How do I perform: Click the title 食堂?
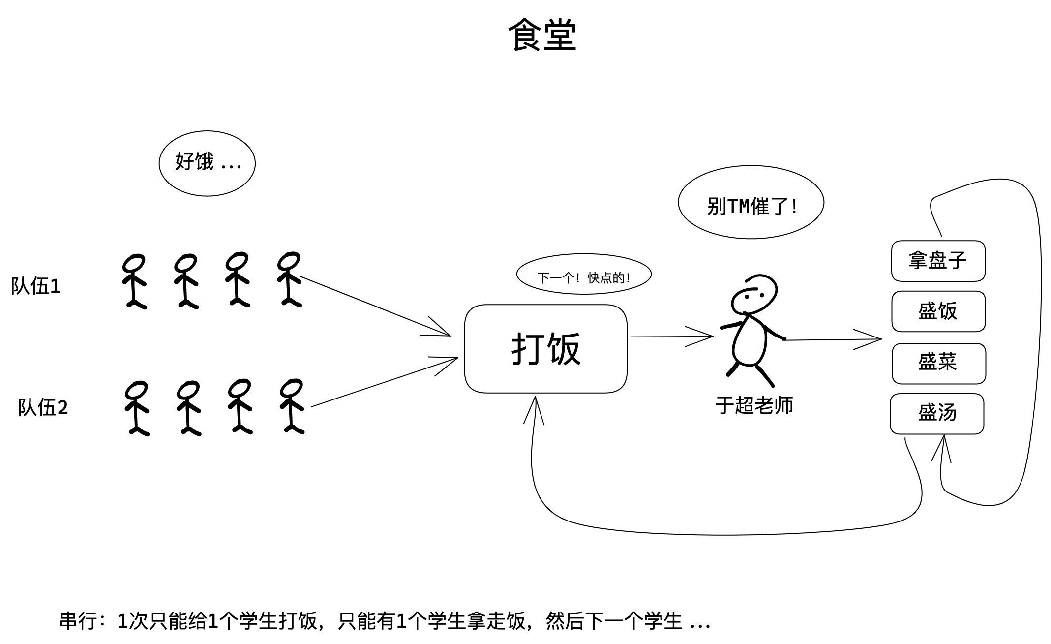[541, 35]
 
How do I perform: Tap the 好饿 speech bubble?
[207, 163]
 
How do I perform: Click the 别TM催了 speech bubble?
[751, 203]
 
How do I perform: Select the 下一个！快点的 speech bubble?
[584, 275]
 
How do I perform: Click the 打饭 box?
[545, 348]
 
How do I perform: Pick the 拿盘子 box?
[938, 261]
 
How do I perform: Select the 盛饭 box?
[938, 311]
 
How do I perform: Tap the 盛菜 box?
[938, 363]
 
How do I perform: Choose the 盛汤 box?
[937, 413]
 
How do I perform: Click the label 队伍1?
[36, 286]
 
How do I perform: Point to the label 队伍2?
[43, 408]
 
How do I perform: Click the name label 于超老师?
[754, 406]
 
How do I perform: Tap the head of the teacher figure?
[754, 294]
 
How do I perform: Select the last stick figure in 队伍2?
[292, 406]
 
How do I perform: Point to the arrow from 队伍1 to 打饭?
[374, 306]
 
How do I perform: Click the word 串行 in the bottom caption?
[78, 621]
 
